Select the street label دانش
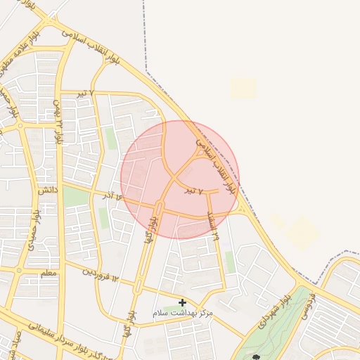(47, 190)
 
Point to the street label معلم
(49, 272)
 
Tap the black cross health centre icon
(182, 302)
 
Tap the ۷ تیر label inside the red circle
(193, 191)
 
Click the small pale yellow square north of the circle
(243, 88)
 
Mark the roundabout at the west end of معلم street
(18, 269)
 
